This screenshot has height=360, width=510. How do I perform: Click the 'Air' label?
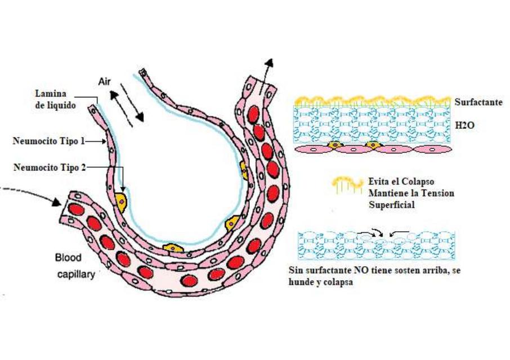coord(104,82)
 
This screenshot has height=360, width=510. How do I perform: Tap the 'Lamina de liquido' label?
coord(55,100)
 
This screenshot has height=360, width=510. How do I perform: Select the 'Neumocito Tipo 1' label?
coord(49,141)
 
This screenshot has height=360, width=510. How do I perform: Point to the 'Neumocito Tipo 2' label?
coord(50,168)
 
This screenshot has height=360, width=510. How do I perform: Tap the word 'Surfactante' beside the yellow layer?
coord(478,102)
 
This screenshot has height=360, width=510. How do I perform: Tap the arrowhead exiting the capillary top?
coord(269,63)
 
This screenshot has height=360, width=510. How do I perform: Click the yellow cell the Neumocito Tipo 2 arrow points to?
coord(120,202)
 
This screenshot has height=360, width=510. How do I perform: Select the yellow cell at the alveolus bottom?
coord(173,248)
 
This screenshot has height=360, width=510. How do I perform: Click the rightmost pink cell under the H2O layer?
coord(432,150)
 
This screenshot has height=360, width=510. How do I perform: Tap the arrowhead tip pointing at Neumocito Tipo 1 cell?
coord(106,141)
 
